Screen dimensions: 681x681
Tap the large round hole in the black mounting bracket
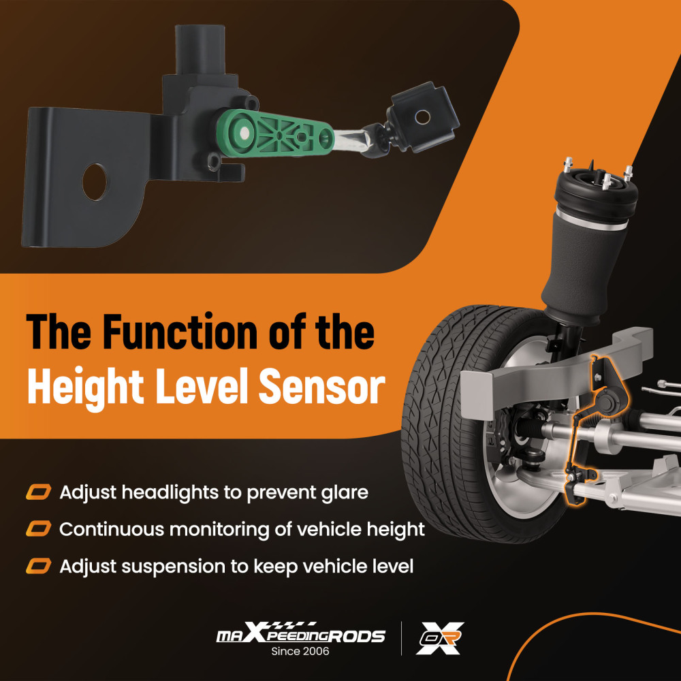click(x=95, y=182)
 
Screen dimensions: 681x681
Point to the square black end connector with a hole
click(x=422, y=117)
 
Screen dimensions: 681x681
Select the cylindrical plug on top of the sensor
click(x=200, y=49)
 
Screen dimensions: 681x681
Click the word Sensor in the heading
click(x=322, y=386)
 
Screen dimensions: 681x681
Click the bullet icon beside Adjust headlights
click(x=39, y=492)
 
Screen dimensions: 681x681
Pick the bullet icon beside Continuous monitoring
click(x=39, y=529)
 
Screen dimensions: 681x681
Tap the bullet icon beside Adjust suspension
click(x=39, y=567)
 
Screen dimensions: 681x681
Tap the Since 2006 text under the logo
click(x=300, y=652)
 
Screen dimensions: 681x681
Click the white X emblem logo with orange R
click(x=439, y=638)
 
